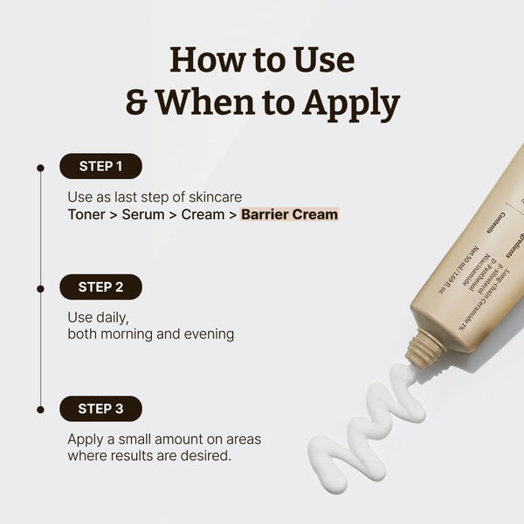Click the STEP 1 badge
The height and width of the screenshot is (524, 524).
[x=100, y=166]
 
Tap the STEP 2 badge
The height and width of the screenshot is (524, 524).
[x=100, y=286]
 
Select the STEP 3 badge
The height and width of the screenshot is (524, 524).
[x=100, y=408]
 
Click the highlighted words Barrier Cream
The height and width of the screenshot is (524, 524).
[x=290, y=214]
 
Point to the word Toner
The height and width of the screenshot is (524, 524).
[x=86, y=214]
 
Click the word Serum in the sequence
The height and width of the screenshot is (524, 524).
[x=144, y=214]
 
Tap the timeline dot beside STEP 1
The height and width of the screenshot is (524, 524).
[x=39, y=166]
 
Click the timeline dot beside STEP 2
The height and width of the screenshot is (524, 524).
[x=39, y=287]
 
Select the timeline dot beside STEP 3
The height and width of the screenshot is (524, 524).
[x=39, y=408]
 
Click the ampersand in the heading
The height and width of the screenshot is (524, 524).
[x=137, y=102]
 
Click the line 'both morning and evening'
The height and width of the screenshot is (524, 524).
[x=150, y=334]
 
